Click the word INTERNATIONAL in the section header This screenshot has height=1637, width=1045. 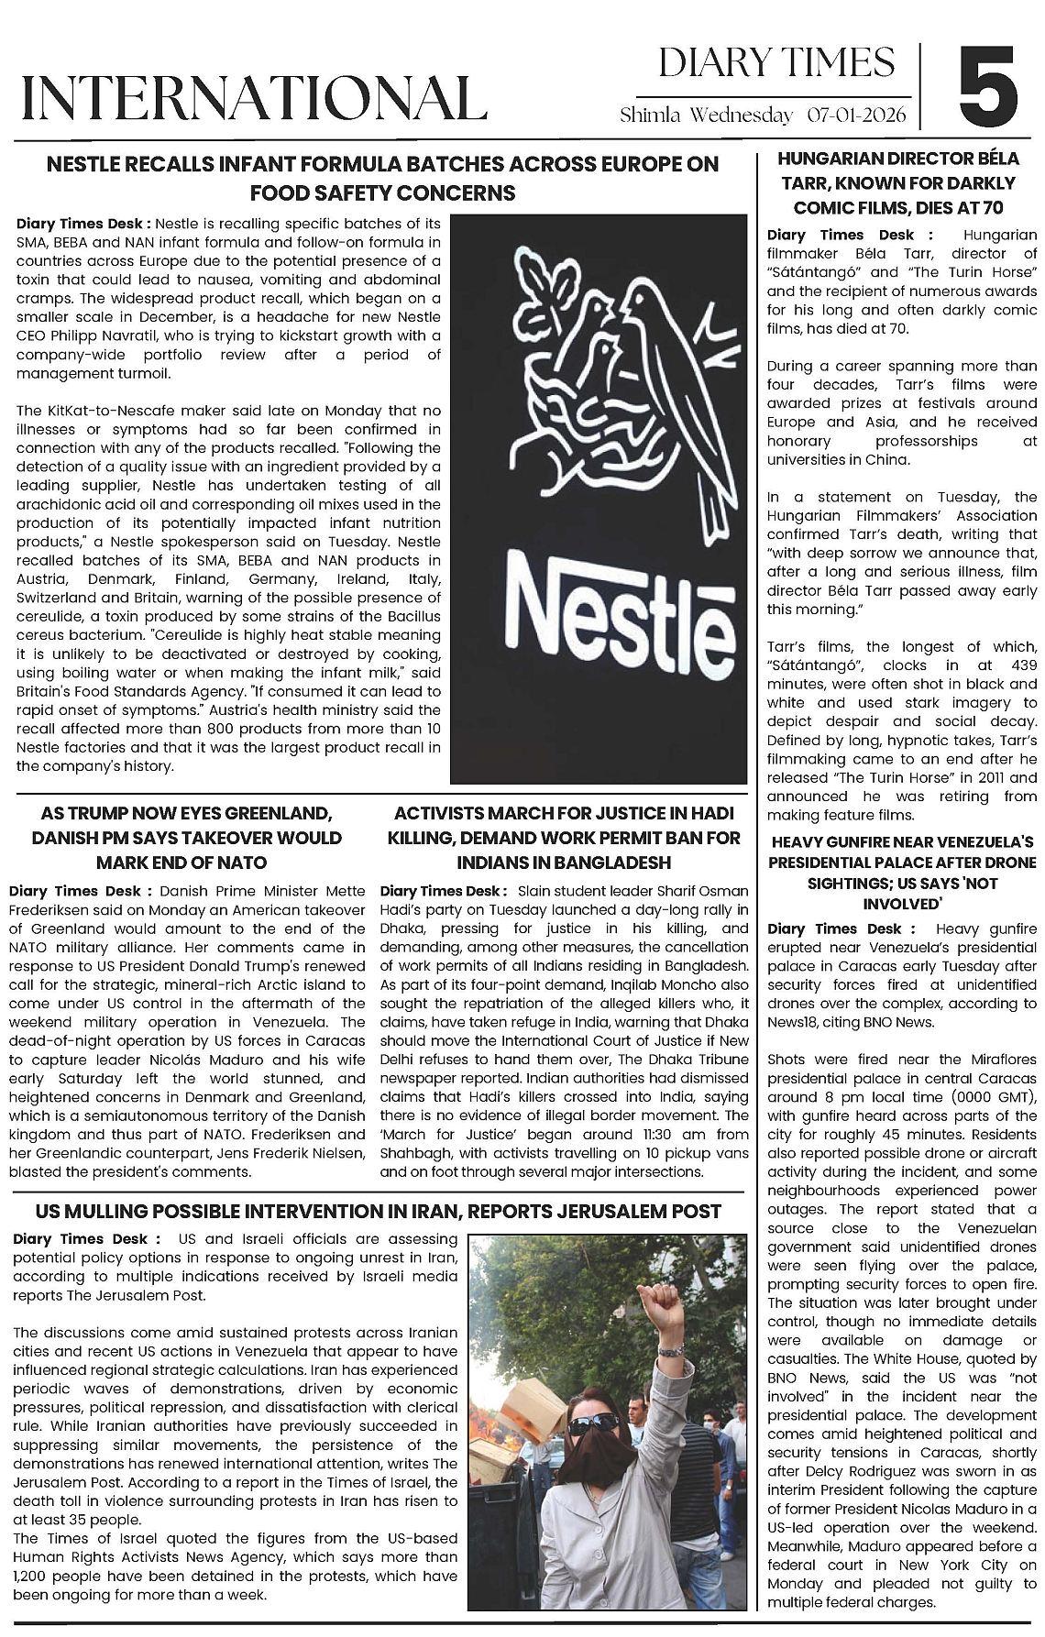pyautogui.click(x=254, y=98)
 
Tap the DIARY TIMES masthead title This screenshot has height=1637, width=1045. pyautogui.click(x=775, y=62)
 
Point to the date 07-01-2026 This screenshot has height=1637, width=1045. pyautogui.click(x=856, y=115)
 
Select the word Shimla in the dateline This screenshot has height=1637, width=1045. pyautogui.click(x=651, y=115)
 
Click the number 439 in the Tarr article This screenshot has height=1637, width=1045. pyautogui.click(x=1020, y=665)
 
